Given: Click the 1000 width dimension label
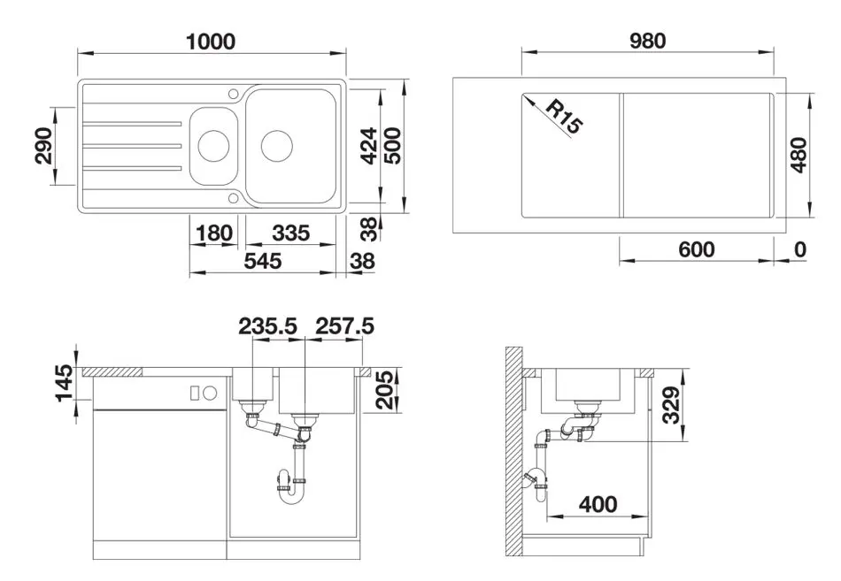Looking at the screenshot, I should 211,41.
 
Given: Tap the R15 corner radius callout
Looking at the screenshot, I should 563,116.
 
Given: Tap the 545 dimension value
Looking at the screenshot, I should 262,261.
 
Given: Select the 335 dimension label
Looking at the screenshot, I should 290,233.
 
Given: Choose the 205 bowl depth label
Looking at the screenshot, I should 383,388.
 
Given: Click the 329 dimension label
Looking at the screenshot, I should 673,406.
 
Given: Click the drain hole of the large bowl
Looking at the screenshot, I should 275,143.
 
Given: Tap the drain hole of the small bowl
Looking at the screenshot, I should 212,144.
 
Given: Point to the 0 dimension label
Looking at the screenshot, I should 800,249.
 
